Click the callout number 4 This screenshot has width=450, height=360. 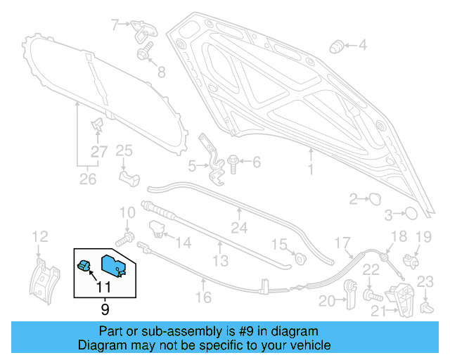click(x=363, y=46)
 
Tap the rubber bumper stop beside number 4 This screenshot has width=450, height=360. click(x=337, y=46)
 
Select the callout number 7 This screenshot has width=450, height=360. click(x=115, y=25)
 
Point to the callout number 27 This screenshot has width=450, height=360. click(x=99, y=153)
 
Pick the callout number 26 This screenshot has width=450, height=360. click(x=87, y=179)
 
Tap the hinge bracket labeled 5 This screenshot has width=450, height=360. click(x=207, y=155)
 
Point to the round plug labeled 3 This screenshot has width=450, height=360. click(x=411, y=212)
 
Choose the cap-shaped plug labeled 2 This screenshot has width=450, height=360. click(x=373, y=199)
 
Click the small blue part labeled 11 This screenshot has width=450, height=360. click(x=84, y=266)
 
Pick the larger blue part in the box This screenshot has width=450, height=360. click(x=112, y=266)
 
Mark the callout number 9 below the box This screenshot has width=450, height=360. click(x=105, y=307)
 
